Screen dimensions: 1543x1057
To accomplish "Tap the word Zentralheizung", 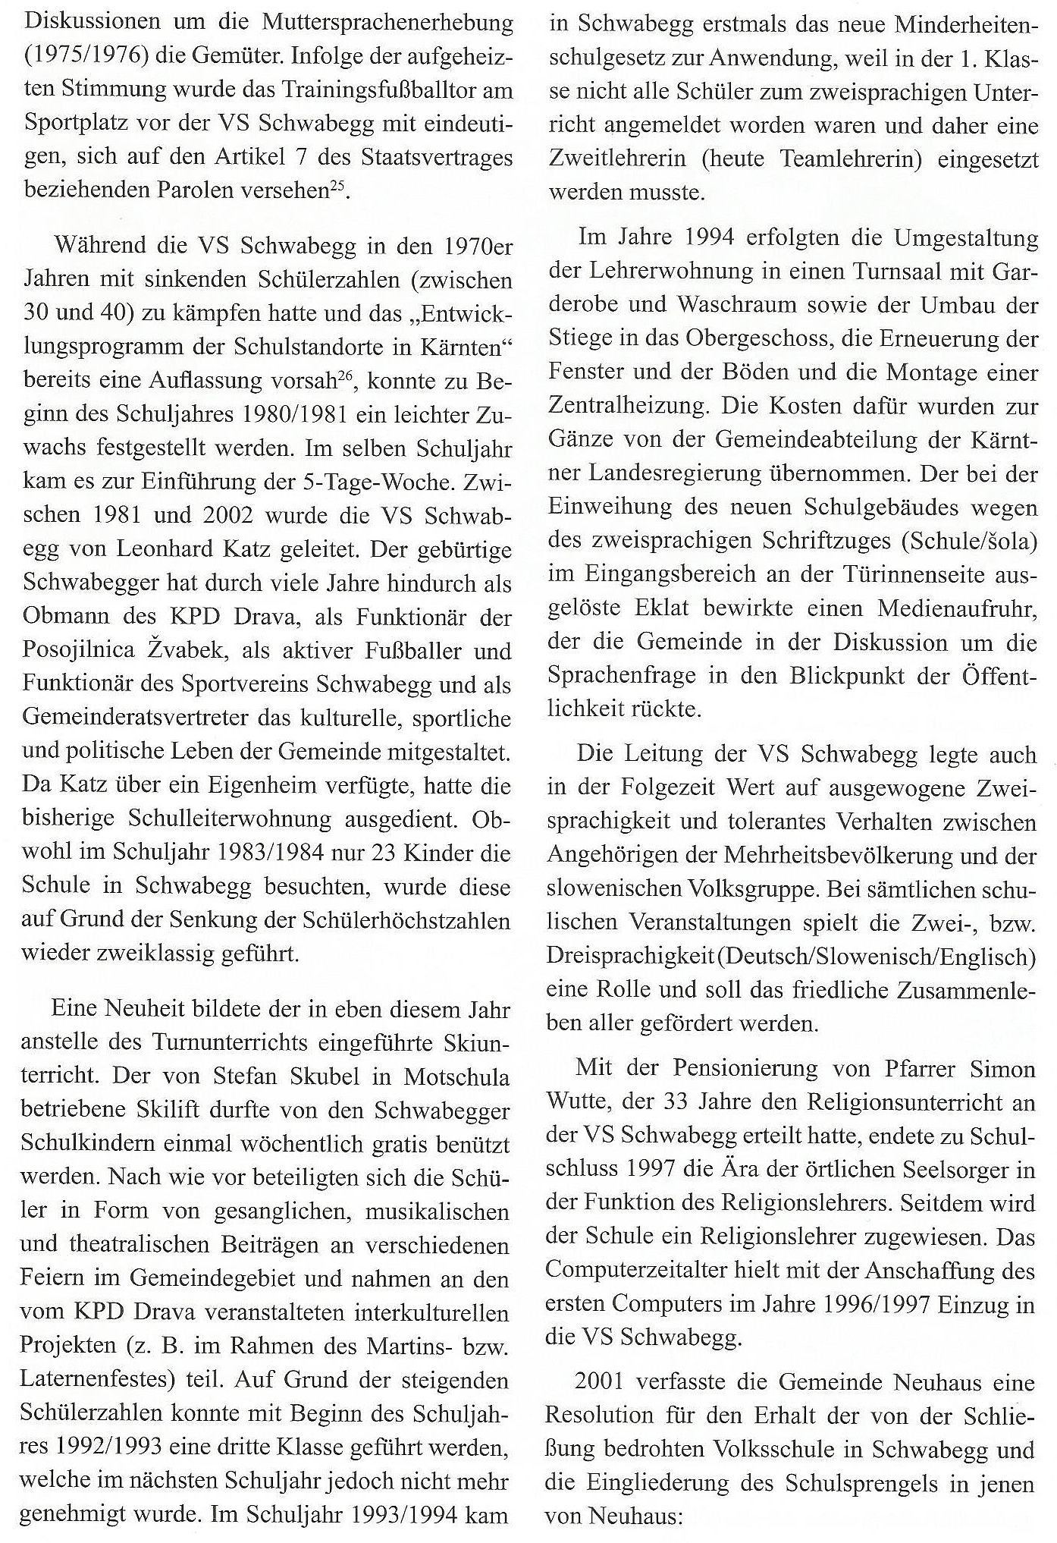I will [x=629, y=407].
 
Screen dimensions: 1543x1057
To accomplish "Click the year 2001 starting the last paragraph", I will [x=601, y=1381].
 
